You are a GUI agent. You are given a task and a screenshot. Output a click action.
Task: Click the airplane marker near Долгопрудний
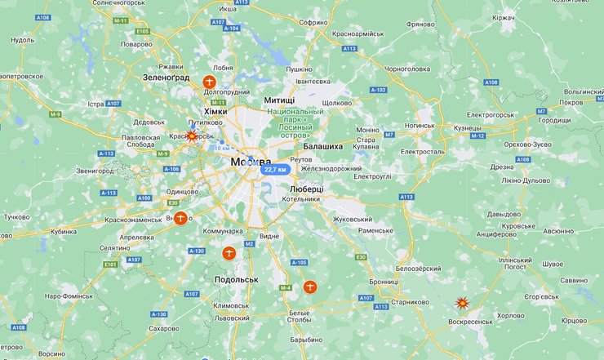pyautogui.click(x=210, y=82)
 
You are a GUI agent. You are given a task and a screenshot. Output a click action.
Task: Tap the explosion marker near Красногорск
pyautogui.click(x=192, y=136)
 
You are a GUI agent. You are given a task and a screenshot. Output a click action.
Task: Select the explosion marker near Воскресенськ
pyautogui.click(x=461, y=303)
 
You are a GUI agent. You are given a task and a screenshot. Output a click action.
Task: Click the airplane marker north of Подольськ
pyautogui.click(x=229, y=253)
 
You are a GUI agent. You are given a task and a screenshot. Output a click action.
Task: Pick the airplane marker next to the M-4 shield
pyautogui.click(x=309, y=287)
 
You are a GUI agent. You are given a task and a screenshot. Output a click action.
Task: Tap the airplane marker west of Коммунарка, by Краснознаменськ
pyautogui.click(x=180, y=218)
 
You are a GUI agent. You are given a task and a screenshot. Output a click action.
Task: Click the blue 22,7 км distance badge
pyautogui.click(x=275, y=169)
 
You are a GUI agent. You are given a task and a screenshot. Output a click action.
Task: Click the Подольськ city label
pyautogui.click(x=236, y=279)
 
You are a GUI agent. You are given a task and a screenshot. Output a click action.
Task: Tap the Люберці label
pyautogui.click(x=306, y=189)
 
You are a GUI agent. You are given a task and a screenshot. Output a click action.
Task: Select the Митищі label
pyautogui.click(x=280, y=100)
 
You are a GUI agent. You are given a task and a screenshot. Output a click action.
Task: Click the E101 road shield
pyautogui.click(x=110, y=264)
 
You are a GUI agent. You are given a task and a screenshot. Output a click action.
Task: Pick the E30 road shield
pyautogui.click(x=361, y=257)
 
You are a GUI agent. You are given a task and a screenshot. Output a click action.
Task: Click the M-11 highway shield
pyautogui.click(x=121, y=20)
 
